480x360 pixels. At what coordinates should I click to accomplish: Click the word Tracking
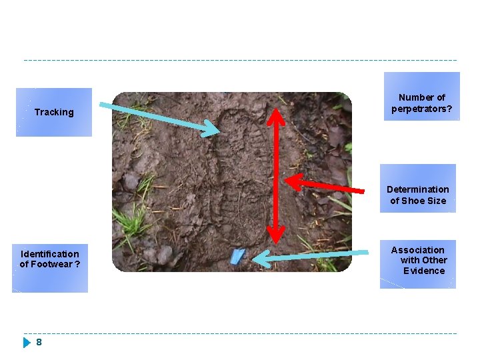click(x=54, y=112)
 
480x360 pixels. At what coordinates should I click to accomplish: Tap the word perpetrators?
click(x=421, y=109)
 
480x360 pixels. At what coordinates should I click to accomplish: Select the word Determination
click(x=418, y=189)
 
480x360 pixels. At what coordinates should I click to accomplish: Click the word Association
click(x=417, y=249)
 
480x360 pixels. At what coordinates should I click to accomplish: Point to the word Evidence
click(x=424, y=271)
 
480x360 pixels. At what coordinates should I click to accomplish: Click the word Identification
click(x=49, y=253)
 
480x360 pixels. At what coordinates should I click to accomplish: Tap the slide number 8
click(x=39, y=342)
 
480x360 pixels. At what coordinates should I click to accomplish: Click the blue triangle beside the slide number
click(x=27, y=343)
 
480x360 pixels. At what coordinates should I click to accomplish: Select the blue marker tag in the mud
click(x=237, y=257)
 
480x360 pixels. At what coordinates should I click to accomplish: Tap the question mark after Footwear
click(x=78, y=264)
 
